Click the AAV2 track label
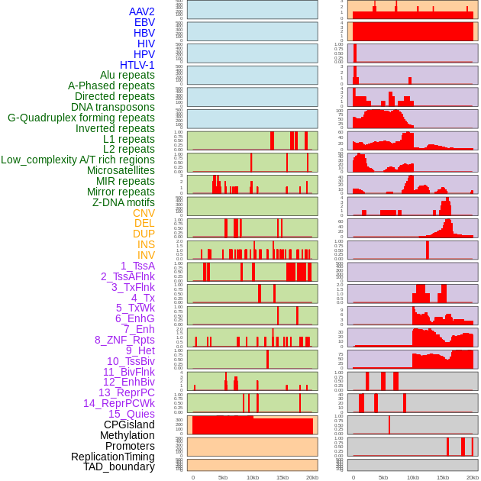(141, 11)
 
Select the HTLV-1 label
(137, 65)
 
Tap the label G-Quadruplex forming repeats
(81, 118)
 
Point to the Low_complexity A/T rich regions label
(77, 160)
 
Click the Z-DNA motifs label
(123, 202)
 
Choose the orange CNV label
(144, 213)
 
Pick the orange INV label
(146, 255)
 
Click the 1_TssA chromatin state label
(137, 266)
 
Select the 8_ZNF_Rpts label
(124, 340)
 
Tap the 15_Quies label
(131, 414)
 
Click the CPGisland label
(129, 425)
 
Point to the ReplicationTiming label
(112, 457)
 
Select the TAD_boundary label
(118, 466)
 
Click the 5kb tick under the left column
(223, 477)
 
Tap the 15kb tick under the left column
(282, 477)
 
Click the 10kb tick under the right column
(413, 477)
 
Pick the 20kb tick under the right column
(473, 477)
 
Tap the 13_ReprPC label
(126, 392)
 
